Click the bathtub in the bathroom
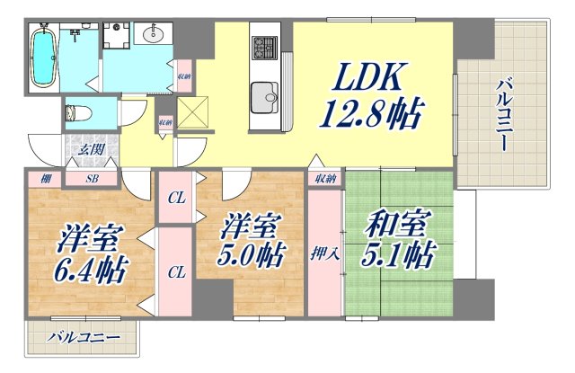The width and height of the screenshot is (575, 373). tap(43, 58)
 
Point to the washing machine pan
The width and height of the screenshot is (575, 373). tap(115, 35)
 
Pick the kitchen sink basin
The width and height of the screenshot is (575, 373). tap(266, 93)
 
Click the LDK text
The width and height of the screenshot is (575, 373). tap(368, 82)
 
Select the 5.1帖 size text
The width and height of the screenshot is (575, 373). tap(403, 256)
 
